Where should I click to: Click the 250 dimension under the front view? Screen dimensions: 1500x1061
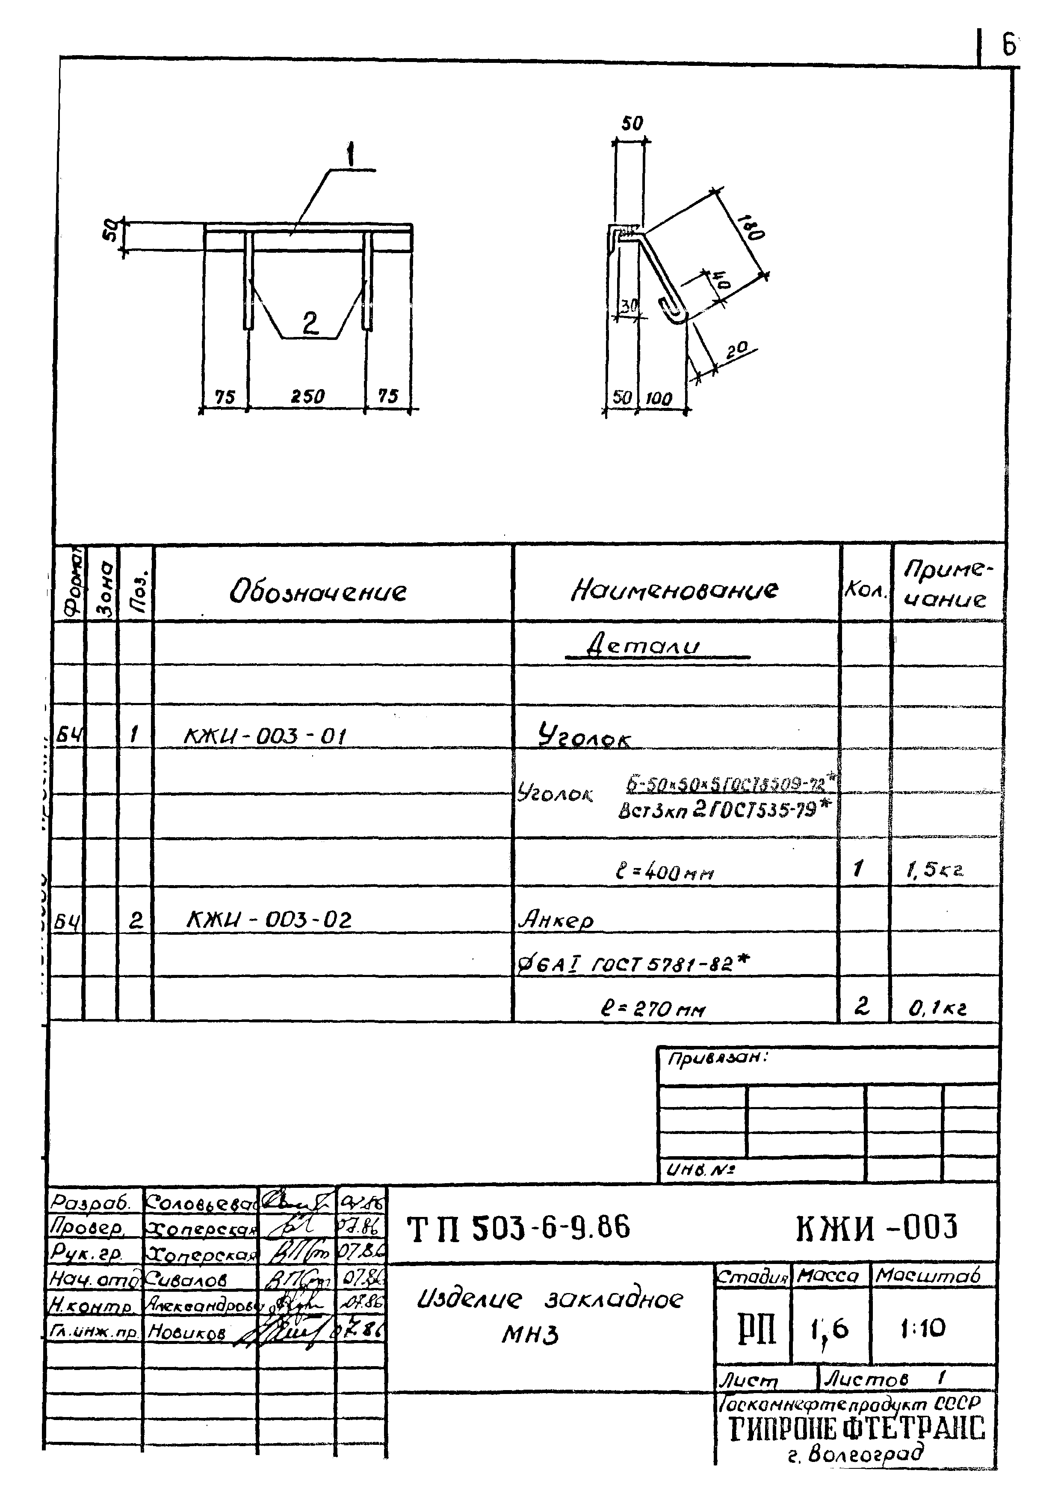pos(307,396)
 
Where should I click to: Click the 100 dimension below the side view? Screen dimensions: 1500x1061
pos(659,399)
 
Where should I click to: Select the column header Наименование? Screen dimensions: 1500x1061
pos(674,591)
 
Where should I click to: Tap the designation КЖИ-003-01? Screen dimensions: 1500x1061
pos(265,736)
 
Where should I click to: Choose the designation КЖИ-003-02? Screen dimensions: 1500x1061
pos(269,921)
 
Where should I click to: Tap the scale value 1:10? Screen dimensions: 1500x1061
pos(922,1328)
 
